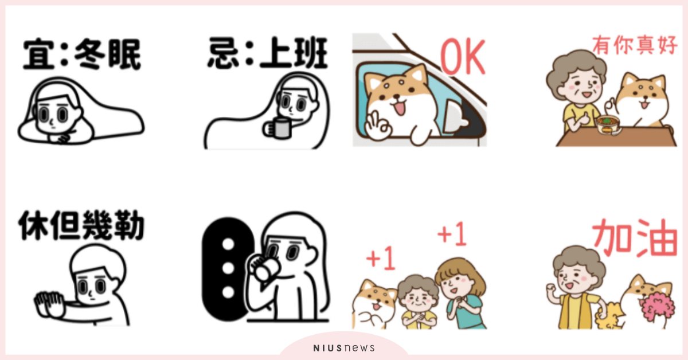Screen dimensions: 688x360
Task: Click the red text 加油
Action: pyautogui.click(x=635, y=238)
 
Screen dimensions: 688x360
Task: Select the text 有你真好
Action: pyautogui.click(x=635, y=45)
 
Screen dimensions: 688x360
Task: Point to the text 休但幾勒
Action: pyautogui.click(x=81, y=225)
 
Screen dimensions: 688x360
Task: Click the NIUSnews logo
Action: pyautogui.click(x=343, y=348)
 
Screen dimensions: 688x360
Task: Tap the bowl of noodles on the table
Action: pyautogui.click(x=608, y=124)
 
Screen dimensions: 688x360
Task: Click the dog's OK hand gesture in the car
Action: pyautogui.click(x=378, y=126)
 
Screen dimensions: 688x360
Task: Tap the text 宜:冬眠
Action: pyautogui.click(x=82, y=54)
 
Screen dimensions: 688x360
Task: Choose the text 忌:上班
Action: pyautogui.click(x=268, y=52)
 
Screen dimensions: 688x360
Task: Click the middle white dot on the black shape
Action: pyautogui.click(x=228, y=268)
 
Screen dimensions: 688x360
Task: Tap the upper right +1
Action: pyautogui.click(x=452, y=234)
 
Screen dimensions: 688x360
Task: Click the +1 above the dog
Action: pyautogui.click(x=380, y=258)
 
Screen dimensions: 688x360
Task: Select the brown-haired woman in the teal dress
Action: pyautogui.click(x=462, y=294)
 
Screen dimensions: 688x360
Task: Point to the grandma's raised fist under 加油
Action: pyautogui.click(x=552, y=289)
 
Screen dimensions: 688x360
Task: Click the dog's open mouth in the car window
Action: pyautogui.click(x=399, y=108)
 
